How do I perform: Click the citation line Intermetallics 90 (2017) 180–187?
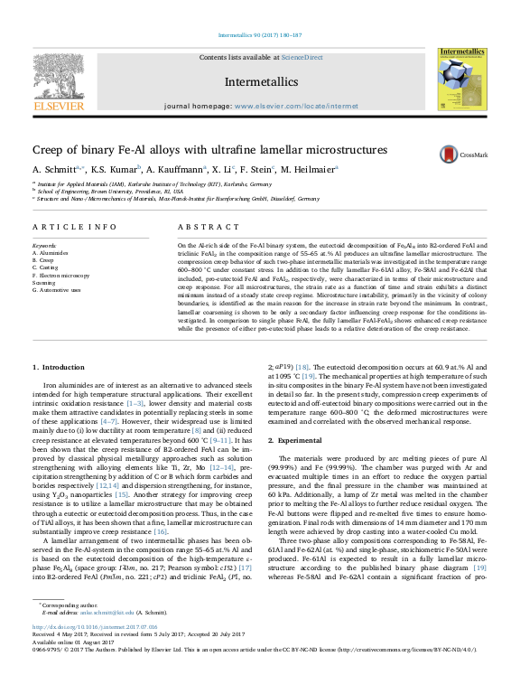point(260,36)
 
